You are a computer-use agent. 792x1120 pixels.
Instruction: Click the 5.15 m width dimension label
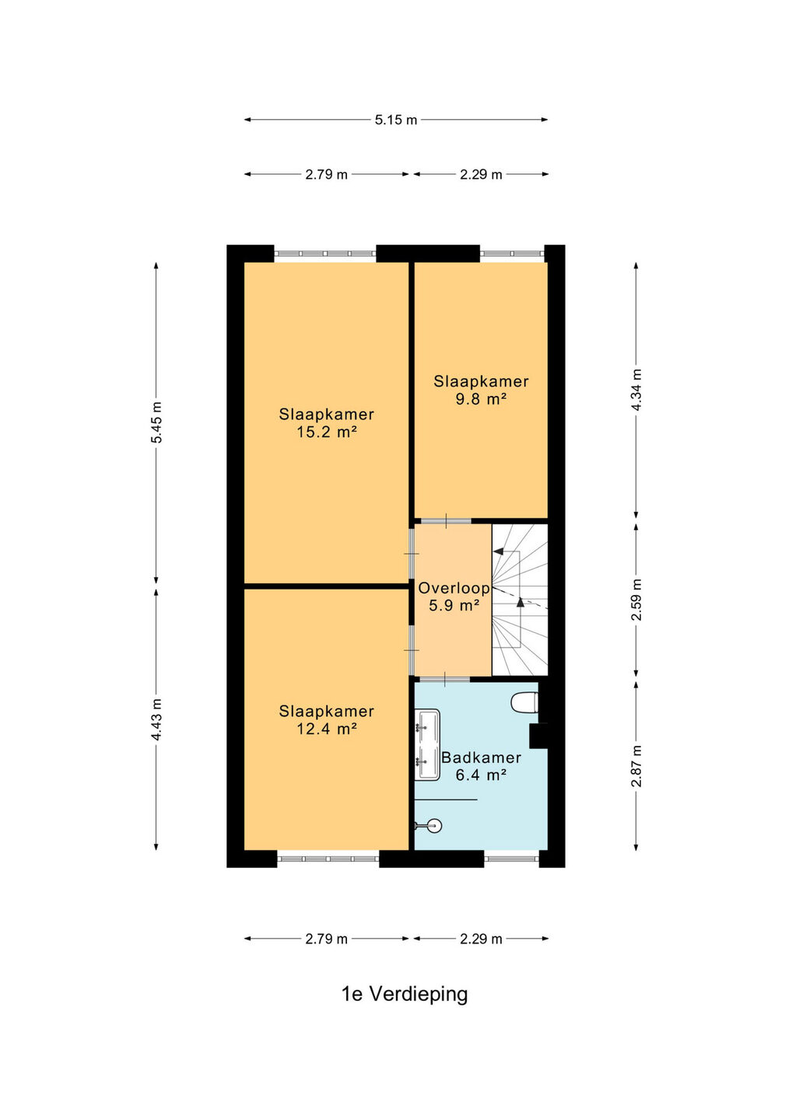pyautogui.click(x=395, y=120)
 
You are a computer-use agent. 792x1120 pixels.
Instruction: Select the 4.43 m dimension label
pyautogui.click(x=157, y=719)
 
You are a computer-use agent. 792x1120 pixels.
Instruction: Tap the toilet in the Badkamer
pyautogui.click(x=524, y=702)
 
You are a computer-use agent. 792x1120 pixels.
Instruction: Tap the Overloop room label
pyautogui.click(x=454, y=588)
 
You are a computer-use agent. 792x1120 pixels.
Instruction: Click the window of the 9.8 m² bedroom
pyautogui.click(x=512, y=254)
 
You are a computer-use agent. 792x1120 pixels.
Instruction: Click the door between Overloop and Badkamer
pyautogui.click(x=445, y=679)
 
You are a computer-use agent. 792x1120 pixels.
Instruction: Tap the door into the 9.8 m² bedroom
pyautogui.click(x=446, y=521)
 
